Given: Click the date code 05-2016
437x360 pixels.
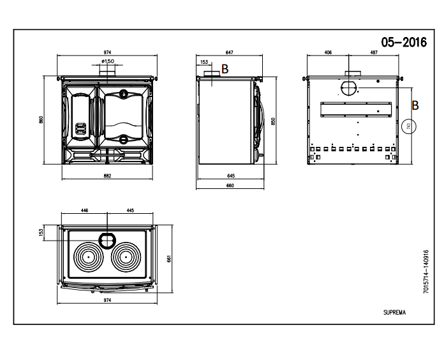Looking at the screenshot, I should pyautogui.click(x=404, y=41).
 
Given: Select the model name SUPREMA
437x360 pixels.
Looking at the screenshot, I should pyautogui.click(x=395, y=313).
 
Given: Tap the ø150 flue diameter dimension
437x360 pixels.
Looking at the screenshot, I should pyautogui.click(x=107, y=62).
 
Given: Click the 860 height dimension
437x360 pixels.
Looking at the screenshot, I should pyautogui.click(x=41, y=120).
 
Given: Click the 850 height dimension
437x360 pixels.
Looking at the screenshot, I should pyautogui.click(x=273, y=121).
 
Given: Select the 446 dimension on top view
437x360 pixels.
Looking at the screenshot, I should pyautogui.click(x=84, y=209).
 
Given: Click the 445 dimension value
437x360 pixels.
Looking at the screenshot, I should pyautogui.click(x=130, y=209).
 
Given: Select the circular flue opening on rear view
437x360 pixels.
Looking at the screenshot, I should pyautogui.click(x=350, y=87).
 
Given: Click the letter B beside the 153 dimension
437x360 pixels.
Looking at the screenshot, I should pyautogui.click(x=224, y=68).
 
